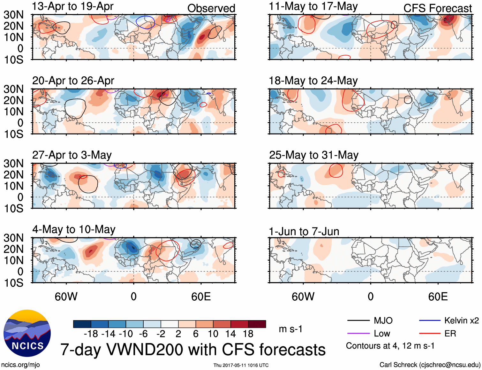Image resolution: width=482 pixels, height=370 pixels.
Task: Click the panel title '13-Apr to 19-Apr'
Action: point(73,6)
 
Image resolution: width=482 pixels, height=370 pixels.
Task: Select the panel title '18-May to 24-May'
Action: point(313,81)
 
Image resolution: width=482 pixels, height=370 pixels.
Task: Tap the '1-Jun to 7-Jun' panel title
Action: point(304,231)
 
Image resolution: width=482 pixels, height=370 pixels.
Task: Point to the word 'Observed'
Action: point(211,8)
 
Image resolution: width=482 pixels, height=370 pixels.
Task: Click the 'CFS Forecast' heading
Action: point(437,8)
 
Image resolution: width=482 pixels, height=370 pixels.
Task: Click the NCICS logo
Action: point(27,333)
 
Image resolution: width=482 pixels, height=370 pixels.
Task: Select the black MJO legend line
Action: point(358,320)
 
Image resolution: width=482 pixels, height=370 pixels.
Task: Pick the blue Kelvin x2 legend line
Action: point(430,320)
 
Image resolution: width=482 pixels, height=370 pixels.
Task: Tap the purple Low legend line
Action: point(358,334)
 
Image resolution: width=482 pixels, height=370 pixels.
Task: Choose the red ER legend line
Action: point(430,334)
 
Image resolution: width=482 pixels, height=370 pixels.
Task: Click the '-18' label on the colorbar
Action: point(91,334)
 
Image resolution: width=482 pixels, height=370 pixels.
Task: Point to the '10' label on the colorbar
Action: point(213,334)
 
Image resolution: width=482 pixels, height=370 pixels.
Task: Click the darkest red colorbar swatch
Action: point(257,324)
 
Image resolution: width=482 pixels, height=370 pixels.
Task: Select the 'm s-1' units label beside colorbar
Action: point(290,329)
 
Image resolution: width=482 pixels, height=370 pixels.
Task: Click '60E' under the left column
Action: point(201,297)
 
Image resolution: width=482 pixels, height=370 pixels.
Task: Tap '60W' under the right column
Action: point(303,297)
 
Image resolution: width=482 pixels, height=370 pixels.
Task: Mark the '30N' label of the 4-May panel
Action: point(14,238)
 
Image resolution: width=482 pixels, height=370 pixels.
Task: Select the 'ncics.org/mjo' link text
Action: point(20,365)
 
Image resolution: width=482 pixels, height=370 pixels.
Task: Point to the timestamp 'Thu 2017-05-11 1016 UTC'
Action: point(241,365)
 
